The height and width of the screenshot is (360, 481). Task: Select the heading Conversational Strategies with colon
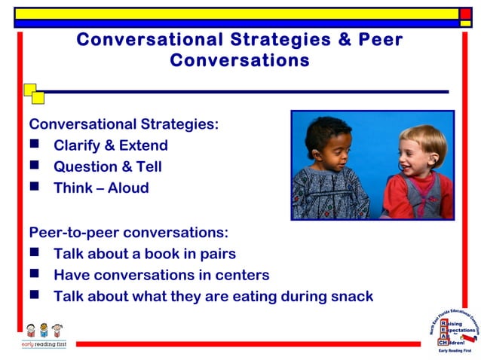[124, 124]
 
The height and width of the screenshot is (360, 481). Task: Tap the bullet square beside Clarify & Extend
[35, 145]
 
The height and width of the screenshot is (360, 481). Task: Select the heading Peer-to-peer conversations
[128, 233]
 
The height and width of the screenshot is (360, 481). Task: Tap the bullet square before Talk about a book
[35, 254]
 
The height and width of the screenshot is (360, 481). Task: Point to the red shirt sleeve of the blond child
[394, 200]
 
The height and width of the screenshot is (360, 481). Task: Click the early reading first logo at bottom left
[43, 334]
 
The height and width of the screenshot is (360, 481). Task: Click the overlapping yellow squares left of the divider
[33, 93]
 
